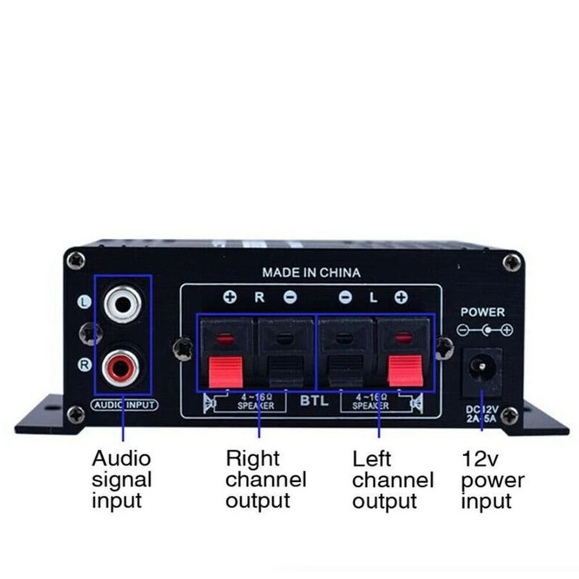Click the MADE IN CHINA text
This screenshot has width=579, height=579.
pos(311,273)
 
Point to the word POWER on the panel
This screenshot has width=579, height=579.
pos(483,312)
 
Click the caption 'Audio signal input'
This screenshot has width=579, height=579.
pos(122,478)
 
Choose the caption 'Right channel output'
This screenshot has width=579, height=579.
pos(266,478)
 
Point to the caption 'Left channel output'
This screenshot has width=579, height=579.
pos(393,479)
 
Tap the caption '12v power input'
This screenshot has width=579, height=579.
pos(493,479)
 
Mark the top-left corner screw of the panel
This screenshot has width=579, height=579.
pos(75,259)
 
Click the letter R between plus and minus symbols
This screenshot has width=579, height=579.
pos(260,297)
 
